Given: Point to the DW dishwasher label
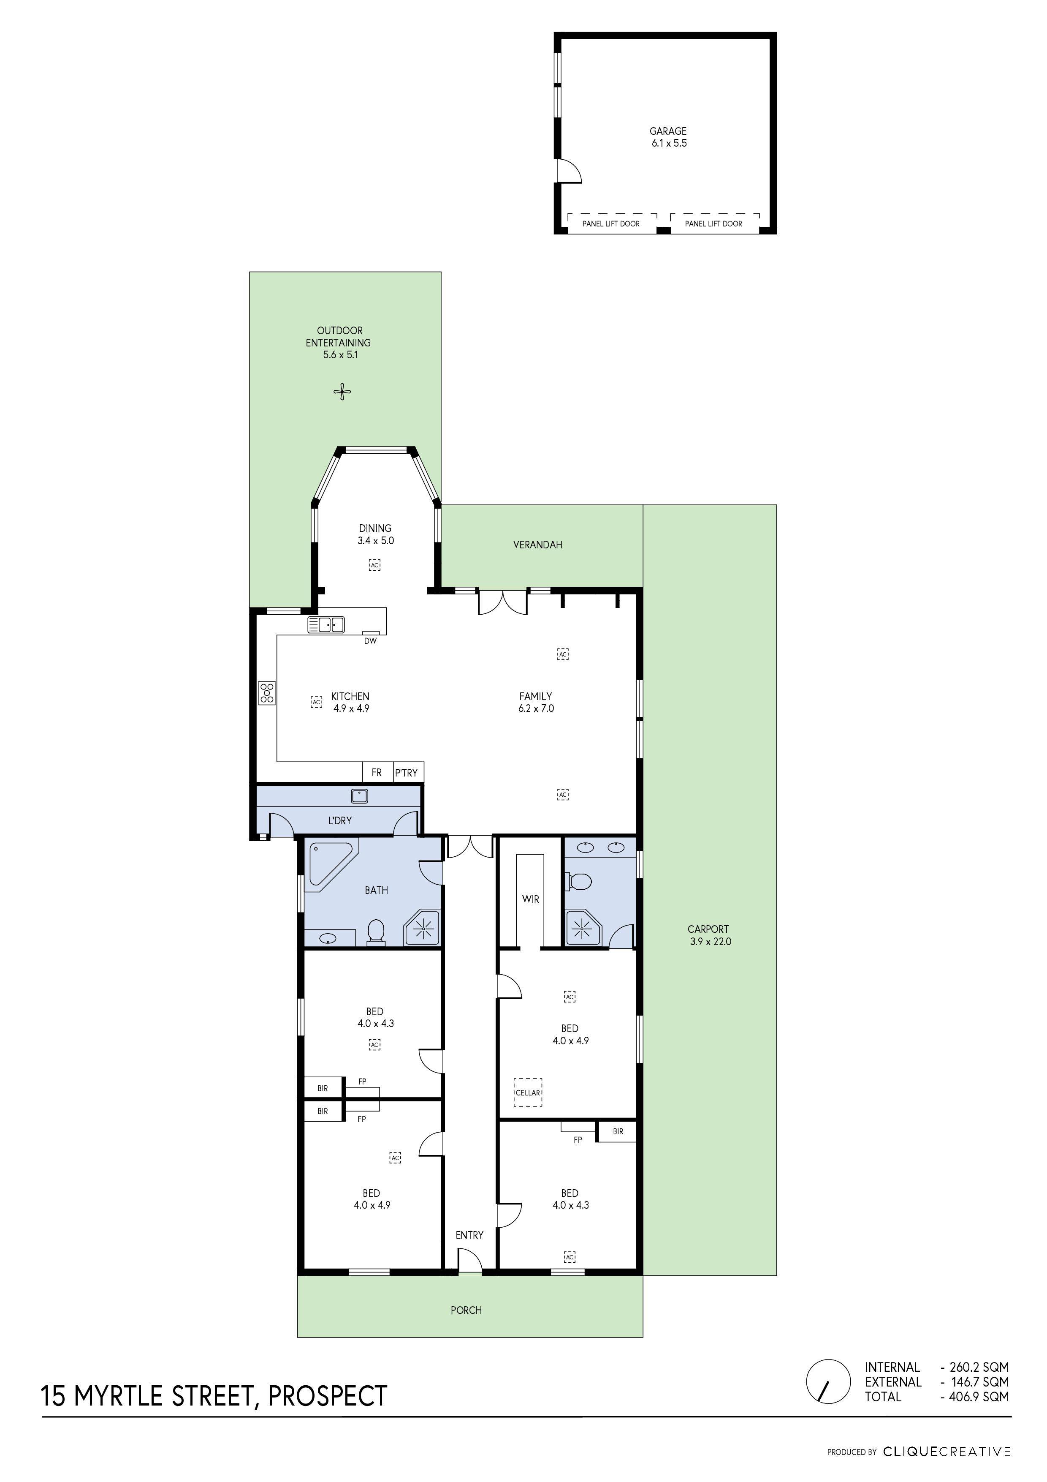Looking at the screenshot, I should pos(370,641).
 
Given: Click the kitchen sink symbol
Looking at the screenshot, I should pos(326,625).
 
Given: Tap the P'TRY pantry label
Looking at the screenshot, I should pos(407,773).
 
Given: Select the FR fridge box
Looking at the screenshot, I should pos(377,773).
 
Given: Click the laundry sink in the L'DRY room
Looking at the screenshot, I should pos(359,796).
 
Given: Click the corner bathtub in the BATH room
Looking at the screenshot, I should pos(329,864).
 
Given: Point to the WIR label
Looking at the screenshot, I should pos(530,899).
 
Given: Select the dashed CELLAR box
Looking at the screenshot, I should pos(528,1092).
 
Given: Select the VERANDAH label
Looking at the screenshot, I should pos(537,545).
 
